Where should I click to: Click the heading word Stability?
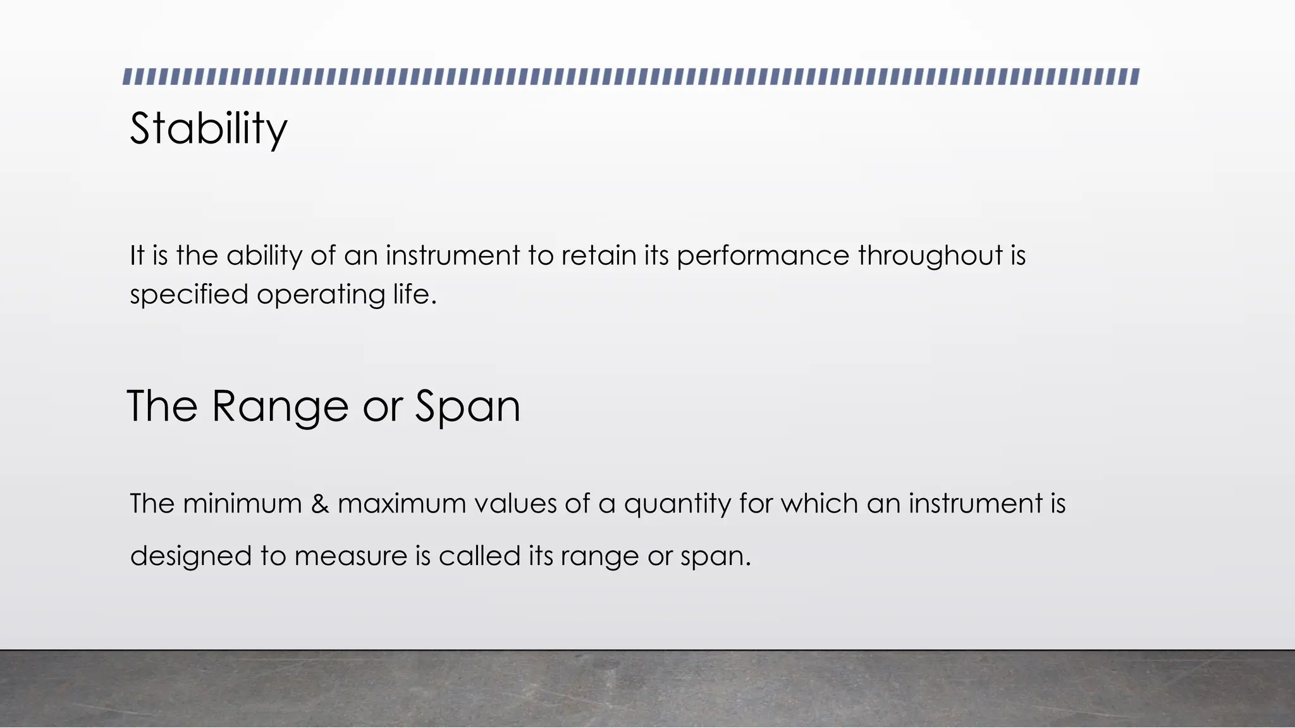pyautogui.click(x=208, y=129)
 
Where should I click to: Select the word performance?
pyautogui.click(x=763, y=256)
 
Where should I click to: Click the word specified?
pyautogui.click(x=188, y=295)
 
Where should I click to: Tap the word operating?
pyautogui.click(x=320, y=295)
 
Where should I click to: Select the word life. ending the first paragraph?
pyautogui.click(x=415, y=294)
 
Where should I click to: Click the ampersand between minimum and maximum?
pyautogui.click(x=320, y=504)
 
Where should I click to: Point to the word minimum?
pyautogui.click(x=242, y=504)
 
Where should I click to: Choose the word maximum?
pyautogui.click(x=402, y=504)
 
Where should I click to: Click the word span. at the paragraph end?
pyautogui.click(x=715, y=557)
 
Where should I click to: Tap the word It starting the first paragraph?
pyautogui.click(x=137, y=255)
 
